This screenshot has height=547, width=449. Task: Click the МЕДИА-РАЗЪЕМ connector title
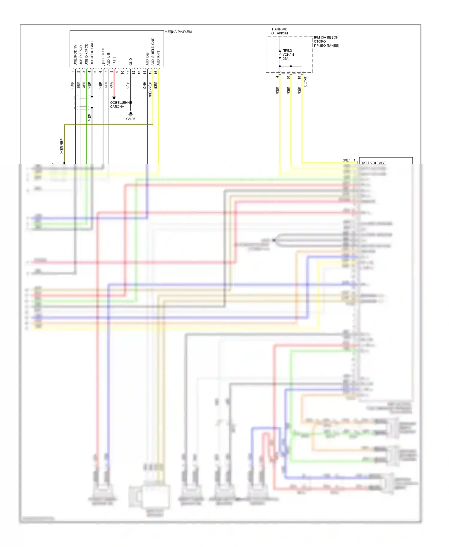(x=178, y=32)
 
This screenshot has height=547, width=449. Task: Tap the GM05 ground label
(x=131, y=119)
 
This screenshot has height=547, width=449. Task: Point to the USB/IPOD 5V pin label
(x=75, y=55)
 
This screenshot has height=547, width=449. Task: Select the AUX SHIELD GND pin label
(x=153, y=51)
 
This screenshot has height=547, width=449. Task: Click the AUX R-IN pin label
(x=158, y=58)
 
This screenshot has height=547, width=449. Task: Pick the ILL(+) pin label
(x=114, y=61)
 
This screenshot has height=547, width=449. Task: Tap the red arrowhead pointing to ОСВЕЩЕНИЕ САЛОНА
(x=114, y=98)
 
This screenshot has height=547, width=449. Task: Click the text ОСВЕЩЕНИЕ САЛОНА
(x=121, y=104)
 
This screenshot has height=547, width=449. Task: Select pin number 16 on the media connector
(x=156, y=72)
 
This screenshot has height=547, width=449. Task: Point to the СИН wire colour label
(x=145, y=85)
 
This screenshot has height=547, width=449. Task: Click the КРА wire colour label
(x=111, y=85)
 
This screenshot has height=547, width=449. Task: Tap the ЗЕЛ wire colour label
(x=84, y=85)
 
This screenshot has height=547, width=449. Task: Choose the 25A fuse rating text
(x=286, y=59)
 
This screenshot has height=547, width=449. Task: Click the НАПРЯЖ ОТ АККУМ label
(x=280, y=31)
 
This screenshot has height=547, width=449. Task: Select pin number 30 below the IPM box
(x=288, y=77)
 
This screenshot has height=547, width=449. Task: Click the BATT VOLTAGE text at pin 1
(x=373, y=163)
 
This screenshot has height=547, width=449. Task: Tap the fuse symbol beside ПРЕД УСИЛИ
(x=280, y=55)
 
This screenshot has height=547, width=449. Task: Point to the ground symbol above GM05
(x=131, y=114)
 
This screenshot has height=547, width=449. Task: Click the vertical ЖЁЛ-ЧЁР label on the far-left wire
(x=62, y=146)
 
